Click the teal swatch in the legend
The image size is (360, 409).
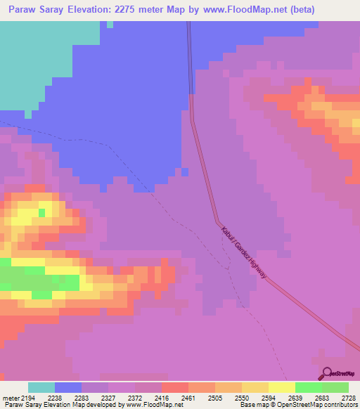[41, 387]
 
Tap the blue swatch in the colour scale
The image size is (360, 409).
[68, 387]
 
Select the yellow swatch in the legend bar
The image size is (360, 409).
[281, 387]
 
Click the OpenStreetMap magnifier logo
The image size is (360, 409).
[326, 373]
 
